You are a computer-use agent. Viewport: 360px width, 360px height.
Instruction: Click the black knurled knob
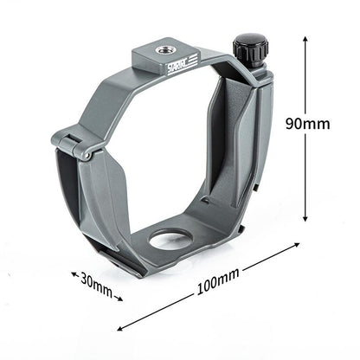click(x=249, y=45)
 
